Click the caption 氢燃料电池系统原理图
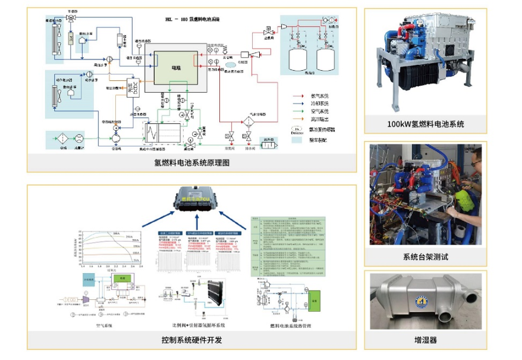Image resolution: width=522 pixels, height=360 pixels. point(191,162)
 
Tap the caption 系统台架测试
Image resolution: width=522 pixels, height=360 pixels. point(424,257)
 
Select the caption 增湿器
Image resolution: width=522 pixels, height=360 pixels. point(425,340)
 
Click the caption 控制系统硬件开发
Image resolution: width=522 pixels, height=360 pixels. point(191,340)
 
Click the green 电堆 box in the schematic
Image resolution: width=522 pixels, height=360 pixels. point(175,65)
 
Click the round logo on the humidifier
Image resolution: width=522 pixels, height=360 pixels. point(423,301)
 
